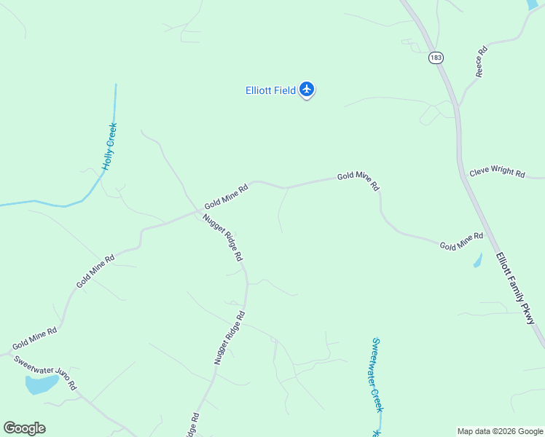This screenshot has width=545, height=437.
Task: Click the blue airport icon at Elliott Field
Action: [x=307, y=90]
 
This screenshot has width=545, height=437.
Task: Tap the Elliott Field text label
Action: [x=270, y=90]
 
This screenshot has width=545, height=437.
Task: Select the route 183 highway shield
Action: [x=436, y=58]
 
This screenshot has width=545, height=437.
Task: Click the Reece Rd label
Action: [x=481, y=63]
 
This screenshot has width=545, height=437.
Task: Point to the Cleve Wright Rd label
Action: [x=497, y=173]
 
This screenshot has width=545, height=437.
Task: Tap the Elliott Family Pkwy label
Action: [x=516, y=288]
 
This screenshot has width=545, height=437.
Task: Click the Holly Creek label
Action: [x=109, y=146]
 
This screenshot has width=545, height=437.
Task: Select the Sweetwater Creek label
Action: [x=376, y=374]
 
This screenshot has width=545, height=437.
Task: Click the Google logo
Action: [x=24, y=428]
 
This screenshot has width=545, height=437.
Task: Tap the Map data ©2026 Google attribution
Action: [x=500, y=431]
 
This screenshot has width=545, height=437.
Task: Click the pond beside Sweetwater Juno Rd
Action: [x=41, y=384]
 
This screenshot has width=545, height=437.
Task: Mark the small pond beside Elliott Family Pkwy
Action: [x=478, y=261]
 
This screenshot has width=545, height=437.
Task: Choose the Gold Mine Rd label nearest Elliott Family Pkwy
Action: [x=461, y=242]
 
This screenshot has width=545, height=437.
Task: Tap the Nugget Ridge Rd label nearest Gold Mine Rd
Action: [x=223, y=237]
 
